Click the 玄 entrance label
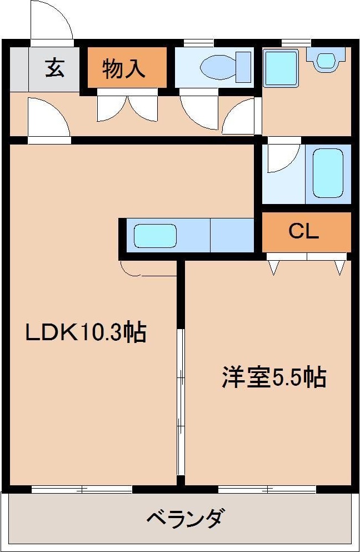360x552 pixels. (55, 68)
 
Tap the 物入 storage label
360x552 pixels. (124, 68)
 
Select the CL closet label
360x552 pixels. (304, 231)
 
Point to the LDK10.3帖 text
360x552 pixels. (86, 331)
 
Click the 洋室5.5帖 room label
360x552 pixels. (274, 377)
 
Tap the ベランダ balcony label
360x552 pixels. (184, 518)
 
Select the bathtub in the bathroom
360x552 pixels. (328, 173)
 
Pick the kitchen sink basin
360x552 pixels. (155, 236)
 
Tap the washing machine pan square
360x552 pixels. (281, 68)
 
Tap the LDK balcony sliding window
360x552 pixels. (82, 489)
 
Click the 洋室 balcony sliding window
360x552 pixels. (267, 489)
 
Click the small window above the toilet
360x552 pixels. (199, 43)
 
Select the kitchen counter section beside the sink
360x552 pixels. (232, 235)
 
